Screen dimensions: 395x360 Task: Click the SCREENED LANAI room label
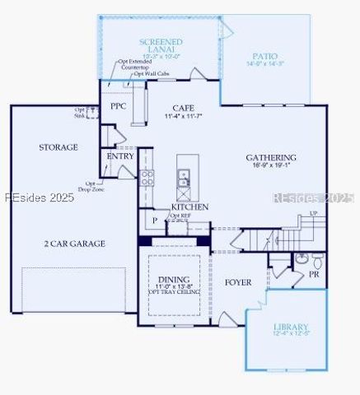(161, 45)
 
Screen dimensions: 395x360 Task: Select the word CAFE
(184, 108)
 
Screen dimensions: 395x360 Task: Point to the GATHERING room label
(271, 157)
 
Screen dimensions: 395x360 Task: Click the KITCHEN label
(189, 207)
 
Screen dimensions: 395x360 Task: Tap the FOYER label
(238, 282)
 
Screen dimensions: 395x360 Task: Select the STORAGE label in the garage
(58, 147)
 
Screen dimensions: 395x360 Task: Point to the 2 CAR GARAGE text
(74, 244)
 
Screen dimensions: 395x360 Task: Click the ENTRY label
(120, 156)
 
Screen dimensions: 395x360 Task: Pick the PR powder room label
(314, 275)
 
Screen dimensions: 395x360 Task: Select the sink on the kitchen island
(184, 174)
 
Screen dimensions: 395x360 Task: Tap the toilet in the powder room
(302, 258)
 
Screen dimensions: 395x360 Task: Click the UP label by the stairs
(313, 213)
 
